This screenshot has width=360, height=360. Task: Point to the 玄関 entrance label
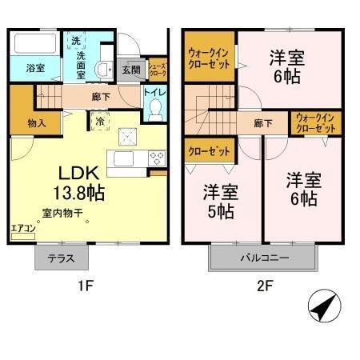[130, 70]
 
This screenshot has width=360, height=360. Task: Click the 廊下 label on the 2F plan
[262, 123]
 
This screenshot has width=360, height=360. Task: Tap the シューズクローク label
[158, 69]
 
